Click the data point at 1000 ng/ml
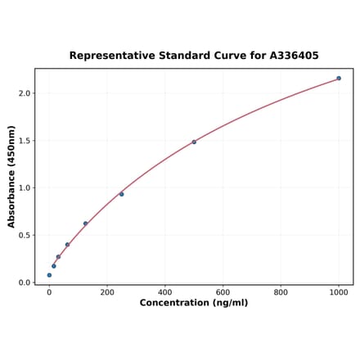click(339, 79)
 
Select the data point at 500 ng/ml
click(194, 142)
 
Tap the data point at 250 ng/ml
click(122, 194)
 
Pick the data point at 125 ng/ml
click(85, 223)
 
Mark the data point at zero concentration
click(49, 275)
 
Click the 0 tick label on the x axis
click(49, 291)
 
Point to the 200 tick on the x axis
click(107, 291)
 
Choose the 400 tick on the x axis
click(165, 291)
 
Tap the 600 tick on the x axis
click(223, 291)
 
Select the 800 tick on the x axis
click(281, 291)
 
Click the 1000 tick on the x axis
click(339, 291)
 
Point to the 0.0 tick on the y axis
click(24, 282)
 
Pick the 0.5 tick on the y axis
click(24, 235)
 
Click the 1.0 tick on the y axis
click(24, 187)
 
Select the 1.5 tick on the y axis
click(24, 141)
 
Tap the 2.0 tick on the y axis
click(24, 93)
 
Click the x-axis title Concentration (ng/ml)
click(194, 303)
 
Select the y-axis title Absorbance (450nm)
click(11, 177)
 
